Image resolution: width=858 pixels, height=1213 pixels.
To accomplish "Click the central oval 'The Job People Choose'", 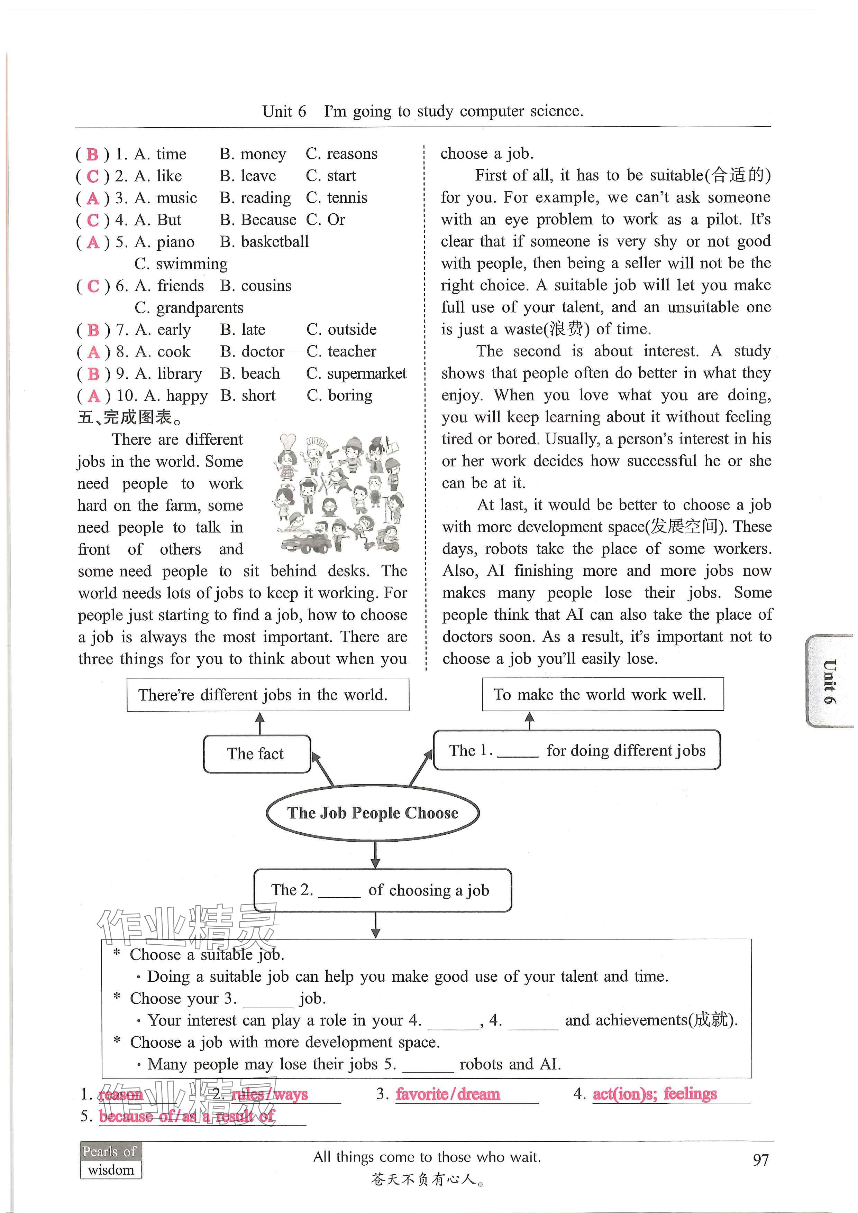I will tap(373, 813).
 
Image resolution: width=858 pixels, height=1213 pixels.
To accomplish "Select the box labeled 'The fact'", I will tap(256, 754).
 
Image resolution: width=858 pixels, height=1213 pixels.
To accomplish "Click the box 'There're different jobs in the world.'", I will tap(267, 695).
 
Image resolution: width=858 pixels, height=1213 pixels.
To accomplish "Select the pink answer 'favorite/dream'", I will tap(447, 1094).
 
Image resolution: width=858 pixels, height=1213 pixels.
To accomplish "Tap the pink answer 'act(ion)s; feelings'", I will tap(655, 1094).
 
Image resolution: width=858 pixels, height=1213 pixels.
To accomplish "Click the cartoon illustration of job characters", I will tap(338, 494).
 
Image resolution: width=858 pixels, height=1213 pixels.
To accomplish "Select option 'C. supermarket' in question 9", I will tap(356, 373).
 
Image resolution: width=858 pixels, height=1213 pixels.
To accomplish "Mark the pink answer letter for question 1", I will tap(92, 154).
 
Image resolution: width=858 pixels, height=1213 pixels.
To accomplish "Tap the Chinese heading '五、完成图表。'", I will tap(130, 417).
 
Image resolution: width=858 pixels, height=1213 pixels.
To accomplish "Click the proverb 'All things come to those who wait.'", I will tap(427, 1157).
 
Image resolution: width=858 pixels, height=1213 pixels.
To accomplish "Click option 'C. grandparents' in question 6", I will tap(189, 307).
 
